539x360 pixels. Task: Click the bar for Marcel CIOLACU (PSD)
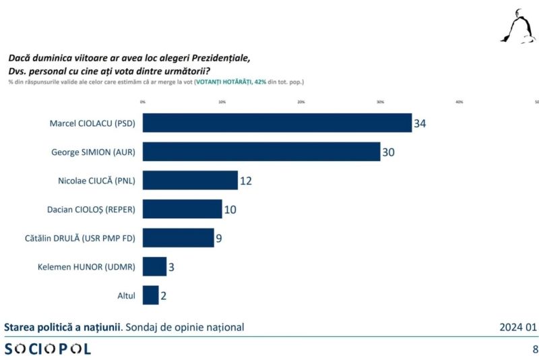coord(276,123)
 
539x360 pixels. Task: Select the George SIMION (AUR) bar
coord(261,152)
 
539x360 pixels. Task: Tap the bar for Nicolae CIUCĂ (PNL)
coord(190,180)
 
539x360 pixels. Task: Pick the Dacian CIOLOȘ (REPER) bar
coord(182,209)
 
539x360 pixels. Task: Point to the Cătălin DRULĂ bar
coord(178,238)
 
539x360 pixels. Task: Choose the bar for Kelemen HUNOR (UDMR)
coord(154,266)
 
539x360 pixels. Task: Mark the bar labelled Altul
coord(150,295)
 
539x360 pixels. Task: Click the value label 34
coord(420,123)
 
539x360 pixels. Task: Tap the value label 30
coord(388,152)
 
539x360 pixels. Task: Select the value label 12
coord(247,181)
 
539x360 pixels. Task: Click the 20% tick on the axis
coord(301,102)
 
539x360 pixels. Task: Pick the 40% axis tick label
coord(459,102)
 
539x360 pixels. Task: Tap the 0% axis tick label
coord(143,102)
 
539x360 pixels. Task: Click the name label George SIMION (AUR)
coord(93,152)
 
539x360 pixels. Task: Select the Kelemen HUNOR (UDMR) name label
coord(86,267)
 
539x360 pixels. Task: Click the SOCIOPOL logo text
coord(48,349)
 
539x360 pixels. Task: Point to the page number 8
coord(535,349)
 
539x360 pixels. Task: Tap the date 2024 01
coord(517,328)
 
